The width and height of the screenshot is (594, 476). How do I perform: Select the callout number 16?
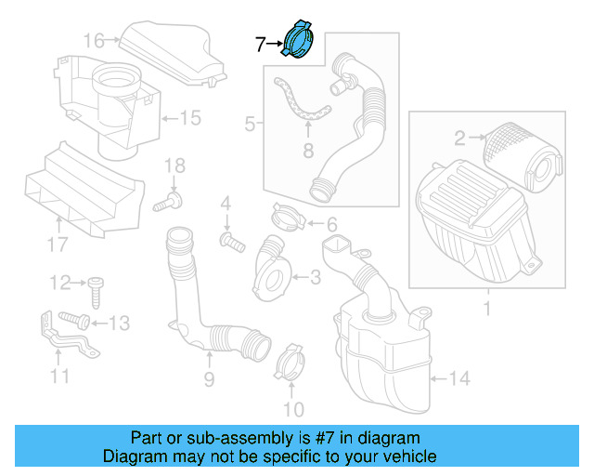[x=95, y=40]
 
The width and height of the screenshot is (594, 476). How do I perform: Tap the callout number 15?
[x=189, y=118]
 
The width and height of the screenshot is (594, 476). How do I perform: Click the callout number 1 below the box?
[x=486, y=306]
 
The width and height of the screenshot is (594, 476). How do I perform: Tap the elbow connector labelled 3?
[x=271, y=264]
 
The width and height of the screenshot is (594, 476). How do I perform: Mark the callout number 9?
[x=209, y=378]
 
